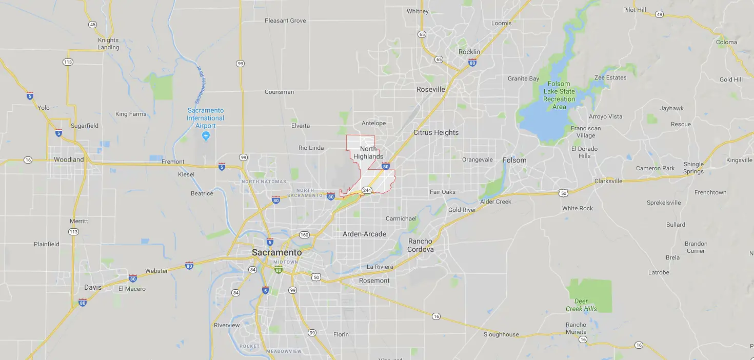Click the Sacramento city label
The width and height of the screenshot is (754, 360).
pyautogui.click(x=276, y=252)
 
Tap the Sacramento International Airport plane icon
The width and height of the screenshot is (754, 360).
pyautogui.click(x=206, y=135)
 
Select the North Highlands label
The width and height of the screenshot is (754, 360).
pyautogui.click(x=368, y=153)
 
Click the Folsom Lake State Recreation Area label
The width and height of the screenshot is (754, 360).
pyautogui.click(x=559, y=95)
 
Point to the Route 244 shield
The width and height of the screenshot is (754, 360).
pyautogui.click(x=367, y=190)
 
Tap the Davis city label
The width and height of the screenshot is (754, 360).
pyautogui.click(x=93, y=287)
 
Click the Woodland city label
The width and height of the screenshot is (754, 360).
pyautogui.click(x=69, y=159)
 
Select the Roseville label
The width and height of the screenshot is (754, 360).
pyautogui.click(x=431, y=89)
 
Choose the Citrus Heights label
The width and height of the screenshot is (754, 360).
pyautogui.click(x=436, y=132)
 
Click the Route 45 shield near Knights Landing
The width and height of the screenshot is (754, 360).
pyautogui.click(x=92, y=25)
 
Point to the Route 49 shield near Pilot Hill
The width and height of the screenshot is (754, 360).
pyautogui.click(x=659, y=14)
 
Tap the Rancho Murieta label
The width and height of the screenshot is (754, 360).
pyautogui.click(x=576, y=328)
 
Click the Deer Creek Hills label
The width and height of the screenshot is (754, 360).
pyautogui.click(x=581, y=305)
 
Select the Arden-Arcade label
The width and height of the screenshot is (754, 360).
pyautogui.click(x=364, y=234)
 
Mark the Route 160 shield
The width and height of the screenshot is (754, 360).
pyautogui.click(x=304, y=235)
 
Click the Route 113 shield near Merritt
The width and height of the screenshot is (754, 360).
pyautogui.click(x=73, y=232)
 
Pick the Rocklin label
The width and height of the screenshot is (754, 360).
pyautogui.click(x=469, y=52)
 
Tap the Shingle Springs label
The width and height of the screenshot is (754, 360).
pyautogui.click(x=693, y=168)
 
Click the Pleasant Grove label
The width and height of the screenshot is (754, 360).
pyautogui.click(x=285, y=21)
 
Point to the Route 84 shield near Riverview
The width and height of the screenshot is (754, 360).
pyautogui.click(x=235, y=293)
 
